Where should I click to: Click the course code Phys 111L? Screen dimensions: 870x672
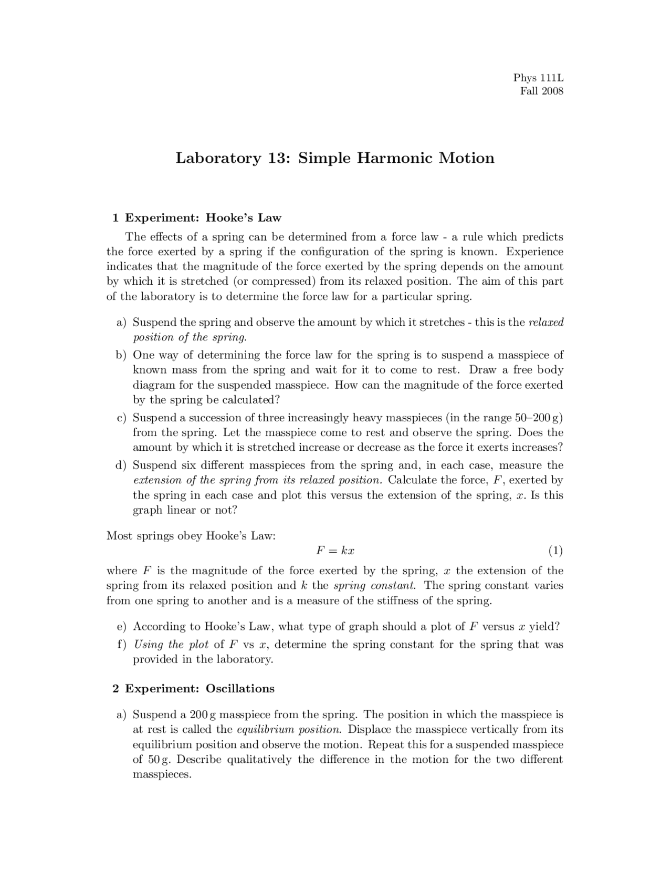(538, 78)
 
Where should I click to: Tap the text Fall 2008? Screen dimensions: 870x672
(541, 91)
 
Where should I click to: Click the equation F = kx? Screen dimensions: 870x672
(335, 551)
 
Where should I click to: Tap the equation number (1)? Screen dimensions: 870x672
(555, 551)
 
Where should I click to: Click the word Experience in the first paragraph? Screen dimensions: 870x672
(534, 252)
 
